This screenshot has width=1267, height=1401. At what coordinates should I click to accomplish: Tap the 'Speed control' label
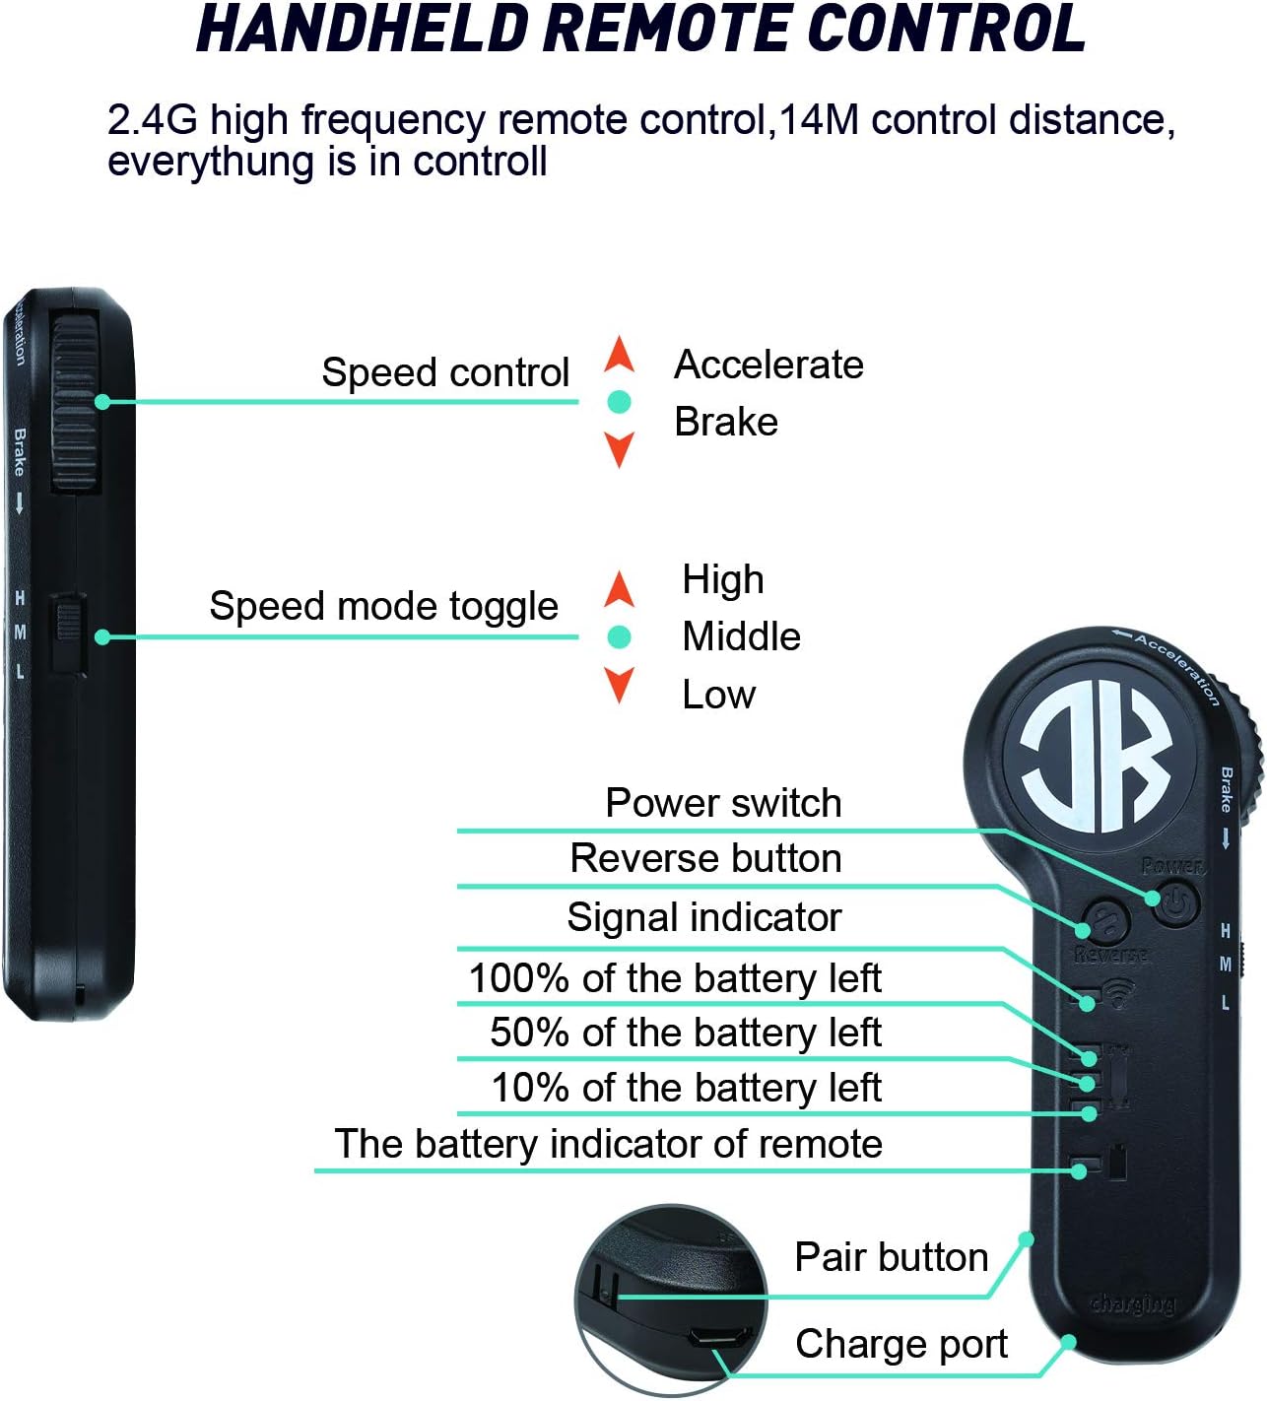(x=445, y=372)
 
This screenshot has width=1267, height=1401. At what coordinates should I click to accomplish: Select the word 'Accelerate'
(x=768, y=365)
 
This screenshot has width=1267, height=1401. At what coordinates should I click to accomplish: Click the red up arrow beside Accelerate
(x=619, y=354)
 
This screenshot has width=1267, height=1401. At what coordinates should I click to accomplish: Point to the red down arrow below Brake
(x=619, y=449)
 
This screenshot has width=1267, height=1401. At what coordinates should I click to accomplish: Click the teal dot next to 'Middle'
(x=619, y=637)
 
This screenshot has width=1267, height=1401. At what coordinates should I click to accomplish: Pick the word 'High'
(x=722, y=579)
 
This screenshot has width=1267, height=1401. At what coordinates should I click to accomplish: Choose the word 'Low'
(x=718, y=695)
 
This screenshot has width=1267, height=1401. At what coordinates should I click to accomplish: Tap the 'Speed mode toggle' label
(x=383, y=606)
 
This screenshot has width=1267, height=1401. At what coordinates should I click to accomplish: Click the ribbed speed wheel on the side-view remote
(x=76, y=402)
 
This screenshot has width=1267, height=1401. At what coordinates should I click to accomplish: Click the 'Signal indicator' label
(x=703, y=917)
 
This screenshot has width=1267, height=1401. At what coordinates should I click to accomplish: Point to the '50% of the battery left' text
(x=685, y=1033)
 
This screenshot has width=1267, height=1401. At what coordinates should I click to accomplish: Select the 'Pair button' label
(x=891, y=1257)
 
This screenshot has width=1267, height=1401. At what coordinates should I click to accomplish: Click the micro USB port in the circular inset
(x=717, y=1338)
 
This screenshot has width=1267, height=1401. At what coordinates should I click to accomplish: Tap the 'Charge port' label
(x=900, y=1344)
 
